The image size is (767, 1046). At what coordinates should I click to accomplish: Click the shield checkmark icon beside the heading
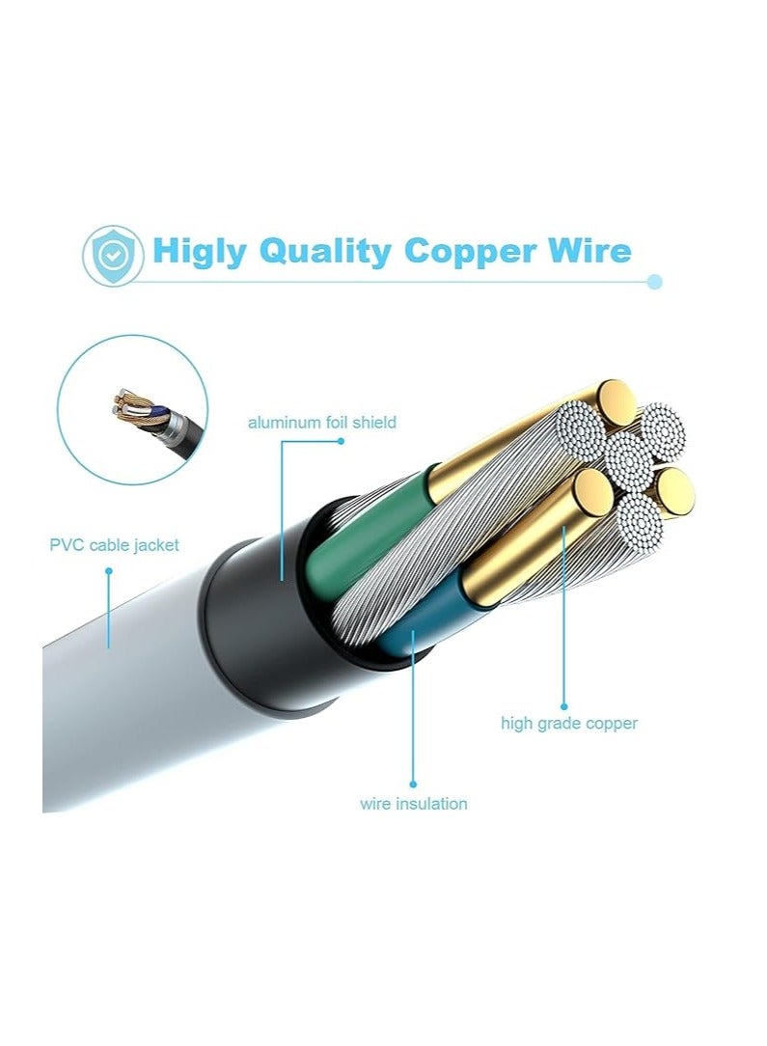(113, 256)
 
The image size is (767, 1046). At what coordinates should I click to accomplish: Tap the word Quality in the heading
(325, 252)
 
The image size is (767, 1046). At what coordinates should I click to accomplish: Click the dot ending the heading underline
(655, 282)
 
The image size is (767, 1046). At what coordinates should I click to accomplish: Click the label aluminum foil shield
(322, 423)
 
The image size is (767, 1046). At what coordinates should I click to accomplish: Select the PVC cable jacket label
(114, 545)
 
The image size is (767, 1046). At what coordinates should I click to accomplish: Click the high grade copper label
(569, 724)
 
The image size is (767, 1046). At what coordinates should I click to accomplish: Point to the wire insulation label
(414, 803)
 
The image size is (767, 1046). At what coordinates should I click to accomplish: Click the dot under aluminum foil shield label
(341, 441)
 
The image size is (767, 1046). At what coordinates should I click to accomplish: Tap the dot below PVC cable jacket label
(109, 571)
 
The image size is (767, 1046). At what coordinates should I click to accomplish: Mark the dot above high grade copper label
(563, 706)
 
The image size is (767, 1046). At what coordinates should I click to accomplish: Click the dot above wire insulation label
(413, 784)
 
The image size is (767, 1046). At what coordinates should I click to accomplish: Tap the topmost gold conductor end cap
(615, 402)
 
